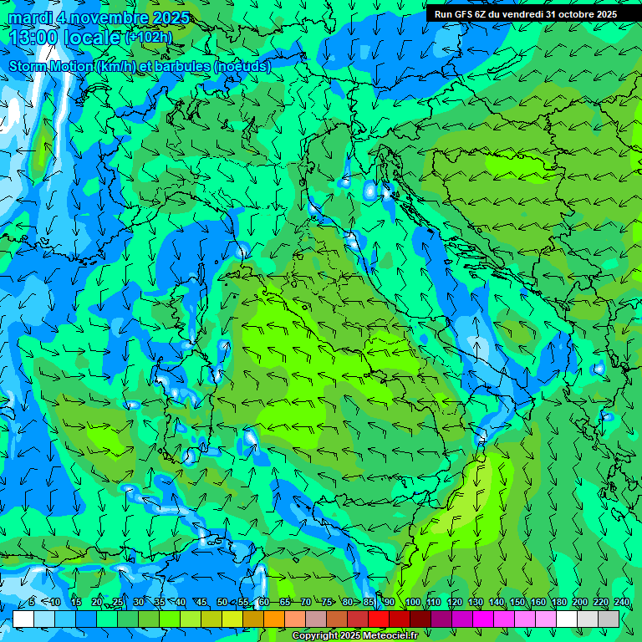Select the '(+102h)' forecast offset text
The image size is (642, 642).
point(150,37)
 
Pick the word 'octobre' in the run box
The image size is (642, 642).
point(572,14)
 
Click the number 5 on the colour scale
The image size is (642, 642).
point(32,603)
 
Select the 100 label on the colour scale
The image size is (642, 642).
point(412,603)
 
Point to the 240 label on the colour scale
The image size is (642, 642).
point(622,603)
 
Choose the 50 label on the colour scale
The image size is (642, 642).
point(222,603)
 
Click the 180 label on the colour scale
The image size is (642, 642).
point(558,603)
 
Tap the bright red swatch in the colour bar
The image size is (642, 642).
point(380,619)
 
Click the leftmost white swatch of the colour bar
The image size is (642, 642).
point(23,619)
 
